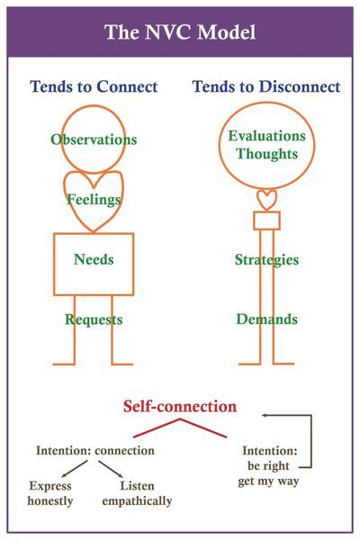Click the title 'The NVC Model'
coord(180,32)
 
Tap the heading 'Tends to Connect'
coord(94,86)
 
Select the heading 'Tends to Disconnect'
coord(266,86)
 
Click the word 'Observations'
coord(94,139)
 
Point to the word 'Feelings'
coord(94,200)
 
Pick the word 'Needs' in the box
coord(94,259)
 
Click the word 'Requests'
coord(94,319)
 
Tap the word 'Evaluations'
coord(267,136)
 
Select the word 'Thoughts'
coord(267,154)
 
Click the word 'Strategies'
coord(267,260)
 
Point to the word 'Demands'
coord(267,319)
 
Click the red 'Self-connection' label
coord(180,407)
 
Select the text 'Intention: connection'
coord(95,451)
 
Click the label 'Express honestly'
coord(50,493)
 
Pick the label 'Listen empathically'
coord(137,493)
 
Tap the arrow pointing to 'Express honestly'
coord(76,468)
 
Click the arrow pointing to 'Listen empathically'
coord(111,469)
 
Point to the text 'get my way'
coord(268,481)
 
